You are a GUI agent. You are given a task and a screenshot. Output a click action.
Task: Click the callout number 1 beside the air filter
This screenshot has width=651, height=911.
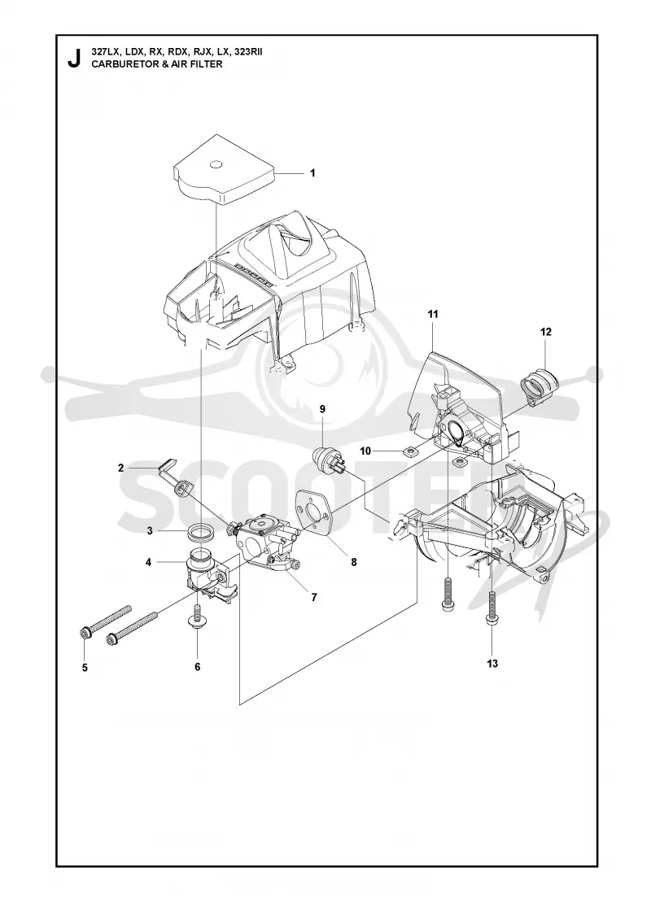[x=312, y=173]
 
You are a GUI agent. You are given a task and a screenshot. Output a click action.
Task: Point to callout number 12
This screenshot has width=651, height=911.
[x=545, y=332]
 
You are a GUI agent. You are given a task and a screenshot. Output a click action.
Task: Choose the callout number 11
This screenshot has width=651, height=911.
[x=432, y=314]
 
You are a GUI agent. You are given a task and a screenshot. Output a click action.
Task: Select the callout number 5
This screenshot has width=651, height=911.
[x=85, y=668]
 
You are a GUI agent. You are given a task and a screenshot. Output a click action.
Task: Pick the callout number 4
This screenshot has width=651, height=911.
[x=148, y=562]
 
